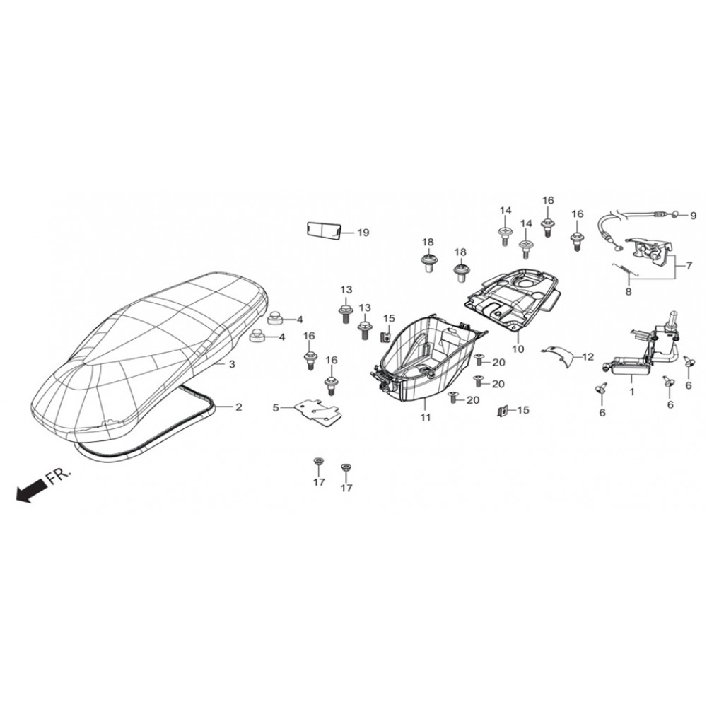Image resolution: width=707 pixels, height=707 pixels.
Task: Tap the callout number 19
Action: click(363, 233)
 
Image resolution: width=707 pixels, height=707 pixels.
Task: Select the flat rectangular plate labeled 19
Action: click(322, 231)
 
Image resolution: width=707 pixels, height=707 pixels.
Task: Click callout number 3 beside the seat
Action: click(232, 364)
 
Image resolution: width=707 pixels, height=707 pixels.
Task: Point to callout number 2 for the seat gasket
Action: click(238, 407)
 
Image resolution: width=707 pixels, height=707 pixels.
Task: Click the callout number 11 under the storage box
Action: click(426, 418)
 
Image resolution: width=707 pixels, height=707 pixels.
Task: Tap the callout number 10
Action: click(518, 349)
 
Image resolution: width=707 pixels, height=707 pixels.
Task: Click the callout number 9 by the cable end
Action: click(694, 216)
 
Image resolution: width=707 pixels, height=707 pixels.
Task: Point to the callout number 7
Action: click(689, 266)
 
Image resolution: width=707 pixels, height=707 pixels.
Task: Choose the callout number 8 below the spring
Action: click(629, 292)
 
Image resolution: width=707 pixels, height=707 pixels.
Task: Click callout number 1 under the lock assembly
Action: click(631, 392)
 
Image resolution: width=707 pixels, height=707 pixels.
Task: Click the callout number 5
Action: click(276, 408)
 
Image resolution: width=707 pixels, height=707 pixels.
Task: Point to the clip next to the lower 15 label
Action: click(502, 411)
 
